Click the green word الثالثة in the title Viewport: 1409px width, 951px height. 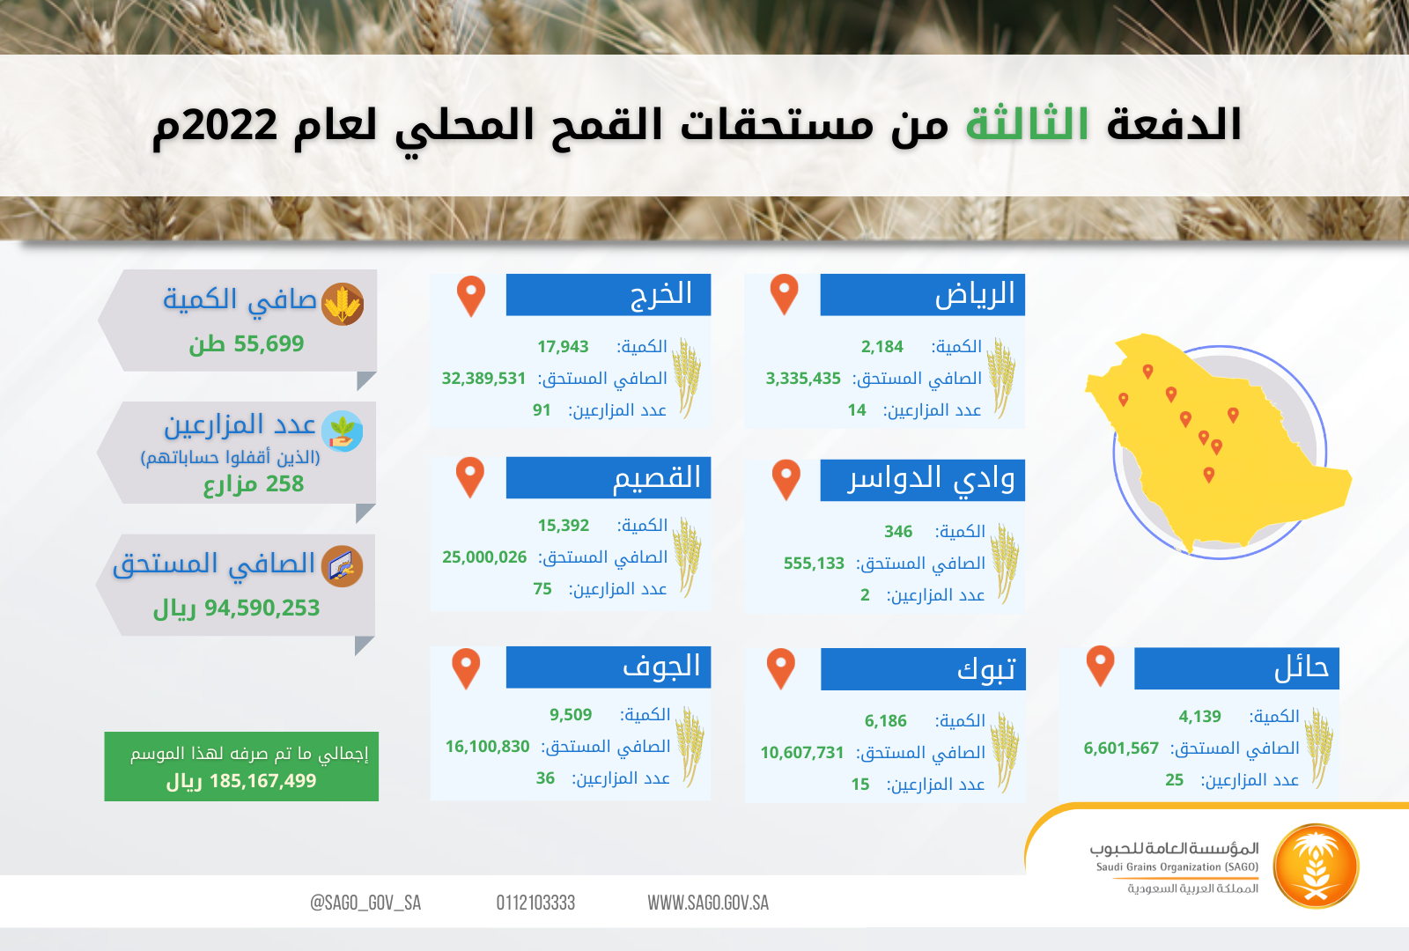(x=1027, y=122)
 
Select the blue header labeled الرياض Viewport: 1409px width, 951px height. (x=922, y=294)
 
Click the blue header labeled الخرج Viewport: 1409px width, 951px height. (x=609, y=294)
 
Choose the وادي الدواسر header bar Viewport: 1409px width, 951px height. (x=922, y=480)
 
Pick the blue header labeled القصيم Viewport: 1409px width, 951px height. (x=609, y=477)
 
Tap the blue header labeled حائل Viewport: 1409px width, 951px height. (x=1236, y=668)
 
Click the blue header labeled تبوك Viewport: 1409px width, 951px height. (x=923, y=669)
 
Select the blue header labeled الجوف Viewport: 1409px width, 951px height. (x=609, y=667)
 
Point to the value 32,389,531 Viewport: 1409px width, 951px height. (x=483, y=378)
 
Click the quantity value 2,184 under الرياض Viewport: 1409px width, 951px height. (x=882, y=347)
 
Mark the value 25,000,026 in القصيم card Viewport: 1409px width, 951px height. (x=484, y=557)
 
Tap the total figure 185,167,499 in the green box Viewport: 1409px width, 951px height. (x=262, y=780)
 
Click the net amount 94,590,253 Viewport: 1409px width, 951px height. (x=262, y=608)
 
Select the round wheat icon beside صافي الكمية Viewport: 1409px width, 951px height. (x=343, y=305)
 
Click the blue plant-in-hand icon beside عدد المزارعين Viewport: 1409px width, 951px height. (x=343, y=431)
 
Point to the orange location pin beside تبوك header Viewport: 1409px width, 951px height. (x=781, y=668)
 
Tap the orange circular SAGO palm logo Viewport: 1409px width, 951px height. (x=1316, y=866)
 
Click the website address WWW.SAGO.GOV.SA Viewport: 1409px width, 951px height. (x=708, y=903)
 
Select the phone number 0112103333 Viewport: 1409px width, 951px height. (x=535, y=903)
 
